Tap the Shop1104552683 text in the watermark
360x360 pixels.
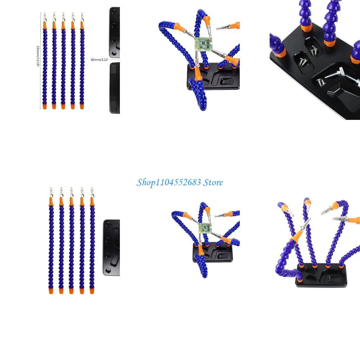169,182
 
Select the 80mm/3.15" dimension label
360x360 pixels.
100,59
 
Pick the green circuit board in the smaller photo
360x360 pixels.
205,228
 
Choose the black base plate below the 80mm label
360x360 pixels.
115,88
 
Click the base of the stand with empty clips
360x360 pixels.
321,276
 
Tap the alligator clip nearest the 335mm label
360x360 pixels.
45,17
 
